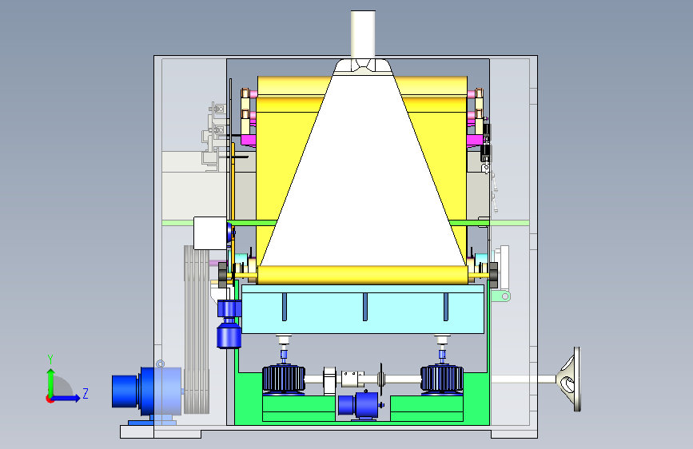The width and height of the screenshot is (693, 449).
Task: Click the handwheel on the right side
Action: coord(570,379)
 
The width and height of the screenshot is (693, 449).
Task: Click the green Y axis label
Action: coord(50,360)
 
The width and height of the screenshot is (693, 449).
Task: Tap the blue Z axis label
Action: coord(86,393)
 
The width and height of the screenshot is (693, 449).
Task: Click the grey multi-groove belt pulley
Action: coord(197,329)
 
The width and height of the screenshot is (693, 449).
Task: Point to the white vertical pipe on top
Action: coord(364,34)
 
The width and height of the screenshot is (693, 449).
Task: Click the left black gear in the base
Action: coord(284,379)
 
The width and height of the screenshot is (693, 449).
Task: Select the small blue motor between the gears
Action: coord(358,405)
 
